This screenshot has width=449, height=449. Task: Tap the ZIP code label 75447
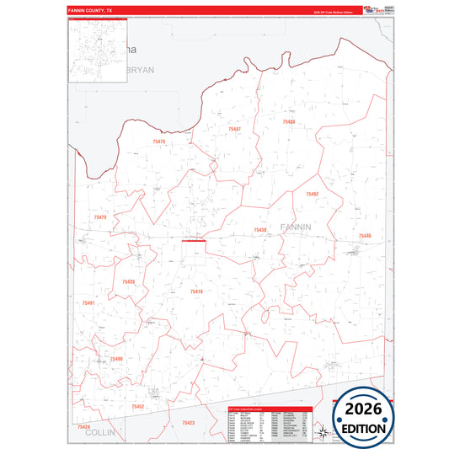[x=234, y=129]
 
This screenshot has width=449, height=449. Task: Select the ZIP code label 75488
[x=289, y=122]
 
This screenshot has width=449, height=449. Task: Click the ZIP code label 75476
[x=160, y=142]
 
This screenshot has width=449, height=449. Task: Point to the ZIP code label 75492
[x=313, y=194]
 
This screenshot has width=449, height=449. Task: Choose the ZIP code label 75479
[x=100, y=217]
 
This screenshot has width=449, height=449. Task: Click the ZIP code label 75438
[x=260, y=230]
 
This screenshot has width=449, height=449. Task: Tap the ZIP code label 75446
[x=364, y=236]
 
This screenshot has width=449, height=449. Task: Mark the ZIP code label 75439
[x=128, y=281]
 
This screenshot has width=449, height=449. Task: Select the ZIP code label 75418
[x=196, y=291]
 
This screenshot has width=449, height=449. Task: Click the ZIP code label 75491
[x=88, y=302]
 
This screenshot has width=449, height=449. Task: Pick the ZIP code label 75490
[x=116, y=359]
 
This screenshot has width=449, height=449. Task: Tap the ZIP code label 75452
[x=138, y=407]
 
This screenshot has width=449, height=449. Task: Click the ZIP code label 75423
[x=188, y=423]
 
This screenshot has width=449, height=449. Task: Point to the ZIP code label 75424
[x=83, y=427]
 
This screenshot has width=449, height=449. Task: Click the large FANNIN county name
[x=295, y=227]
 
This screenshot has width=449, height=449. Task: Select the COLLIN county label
[x=99, y=431]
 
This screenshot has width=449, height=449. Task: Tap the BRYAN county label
[x=138, y=71]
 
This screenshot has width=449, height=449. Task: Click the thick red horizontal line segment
[x=194, y=240]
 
